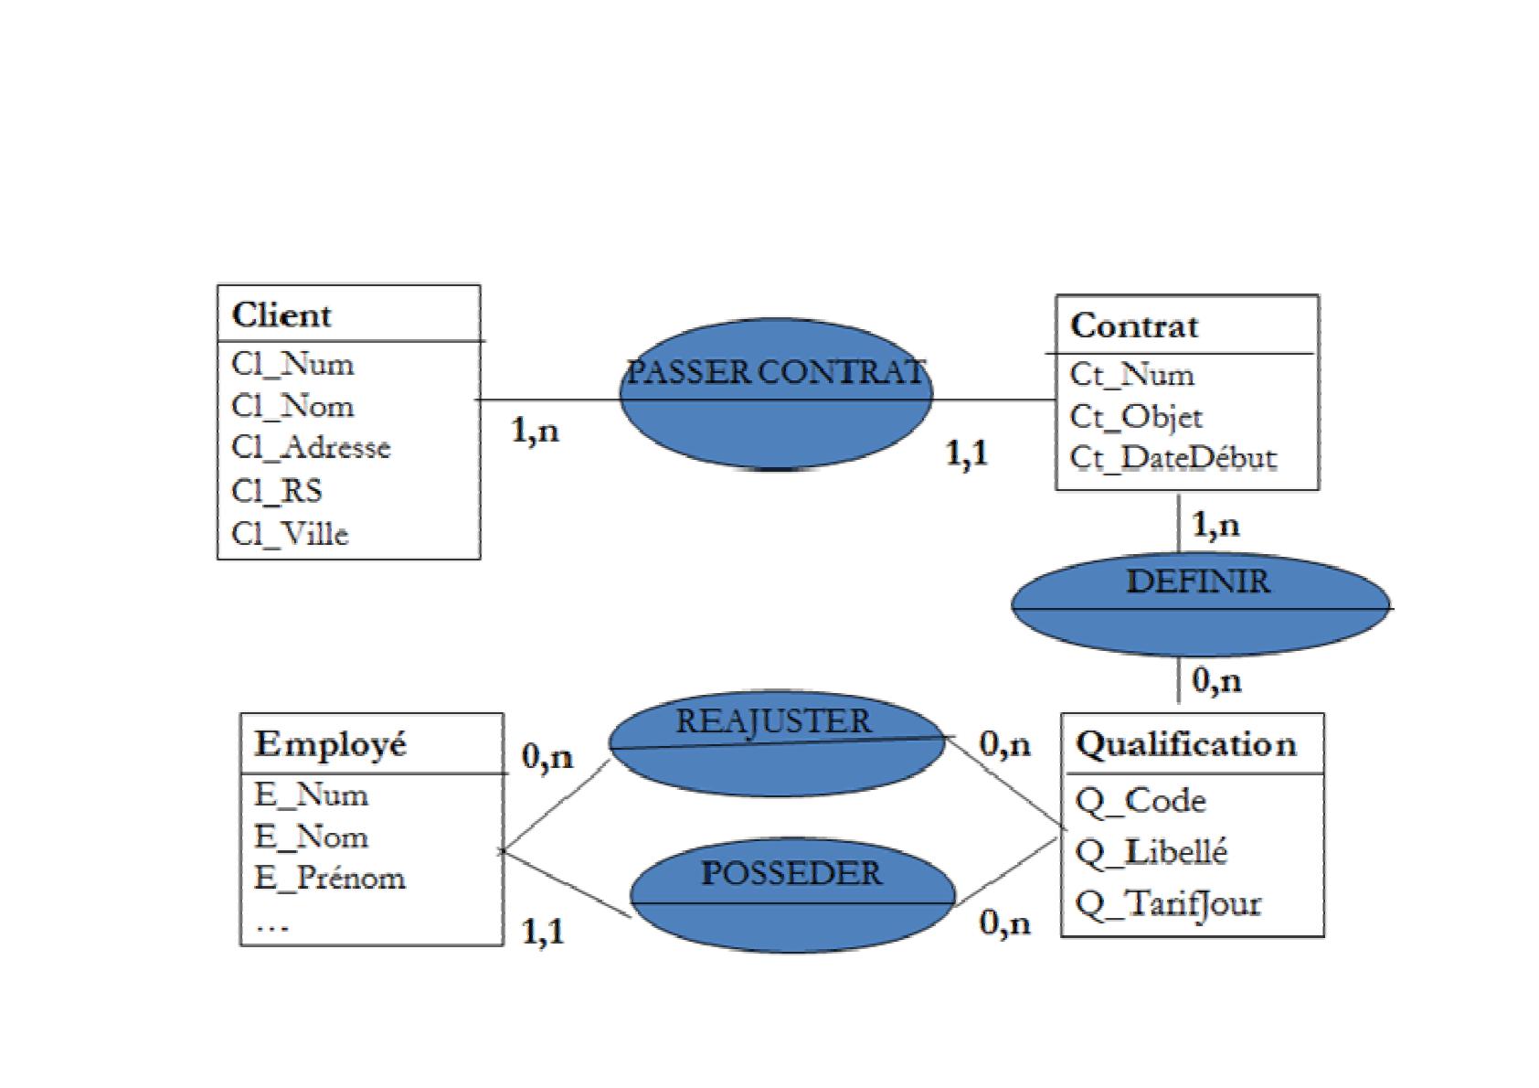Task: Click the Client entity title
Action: [281, 315]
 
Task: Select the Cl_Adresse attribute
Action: [311, 447]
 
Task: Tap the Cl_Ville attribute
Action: [290, 533]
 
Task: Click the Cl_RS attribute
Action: [277, 491]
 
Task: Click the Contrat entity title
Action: [1133, 326]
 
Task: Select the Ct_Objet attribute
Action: [1136, 417]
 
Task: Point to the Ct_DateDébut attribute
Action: [1173, 457]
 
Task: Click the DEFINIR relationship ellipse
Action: [1199, 604]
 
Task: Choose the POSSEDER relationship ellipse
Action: [792, 895]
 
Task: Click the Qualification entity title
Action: [1185, 744]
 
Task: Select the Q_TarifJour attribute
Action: [1168, 903]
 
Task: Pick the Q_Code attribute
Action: [1141, 801]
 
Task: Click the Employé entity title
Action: [330, 744]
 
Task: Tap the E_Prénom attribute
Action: [329, 878]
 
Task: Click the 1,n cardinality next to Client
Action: [535, 430]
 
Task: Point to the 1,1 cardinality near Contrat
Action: [967, 453]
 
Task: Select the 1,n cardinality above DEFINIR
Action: [1216, 525]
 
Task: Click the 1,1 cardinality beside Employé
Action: [543, 932]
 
